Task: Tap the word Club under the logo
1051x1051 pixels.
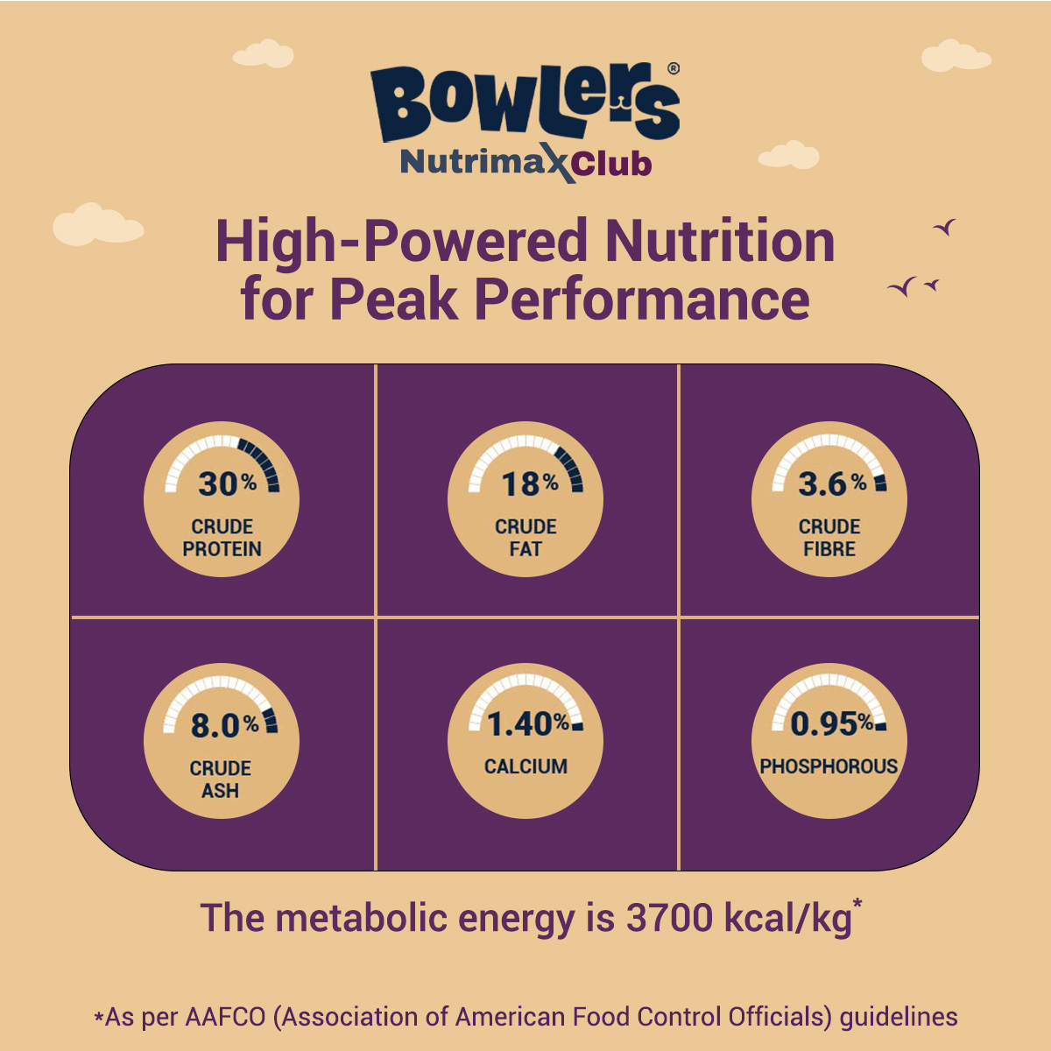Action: point(613,164)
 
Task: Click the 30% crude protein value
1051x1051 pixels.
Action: point(227,483)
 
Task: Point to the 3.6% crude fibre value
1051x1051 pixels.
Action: point(831,483)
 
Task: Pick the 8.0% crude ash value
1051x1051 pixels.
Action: point(224,725)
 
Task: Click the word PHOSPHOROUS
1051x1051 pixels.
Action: point(829,766)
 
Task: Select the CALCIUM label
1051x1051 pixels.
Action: point(525,766)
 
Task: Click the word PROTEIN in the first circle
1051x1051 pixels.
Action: point(222,549)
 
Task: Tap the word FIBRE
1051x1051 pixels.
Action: point(829,549)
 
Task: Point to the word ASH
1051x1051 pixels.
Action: point(220,791)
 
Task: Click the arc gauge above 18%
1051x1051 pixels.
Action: point(525,451)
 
